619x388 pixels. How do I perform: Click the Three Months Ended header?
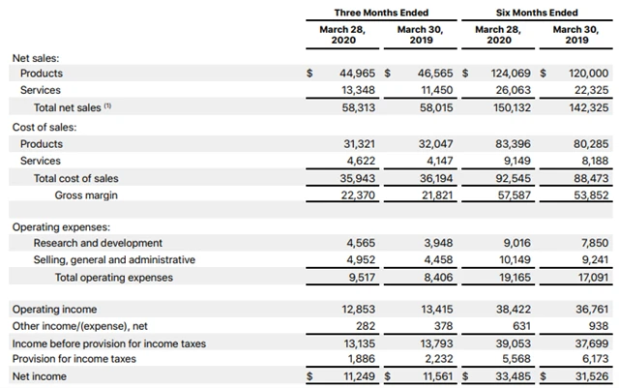381,13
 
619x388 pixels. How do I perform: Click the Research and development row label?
98,243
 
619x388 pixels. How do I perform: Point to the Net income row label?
40,376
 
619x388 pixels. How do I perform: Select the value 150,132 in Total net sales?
513,108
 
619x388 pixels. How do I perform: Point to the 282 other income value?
364,326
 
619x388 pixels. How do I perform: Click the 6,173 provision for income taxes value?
594,359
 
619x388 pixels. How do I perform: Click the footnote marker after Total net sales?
107,106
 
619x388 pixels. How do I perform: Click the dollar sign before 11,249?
309,376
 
